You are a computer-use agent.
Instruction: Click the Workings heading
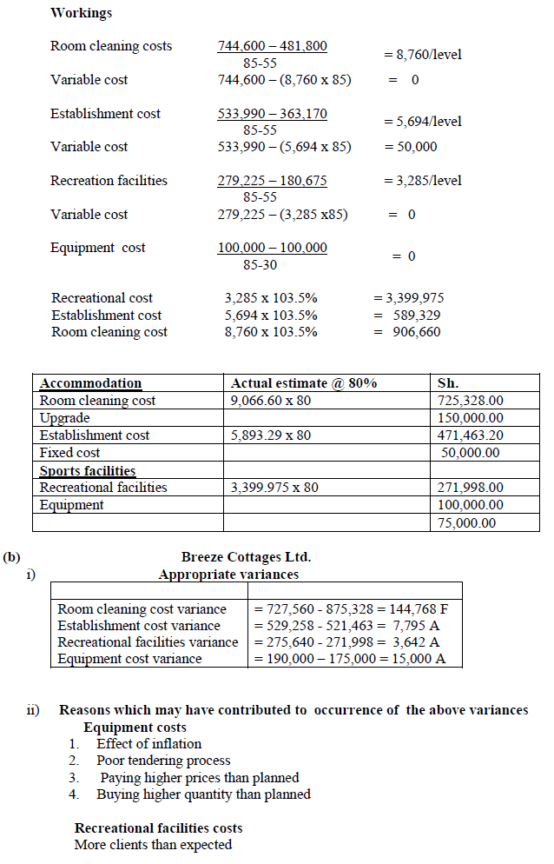pyautogui.click(x=81, y=13)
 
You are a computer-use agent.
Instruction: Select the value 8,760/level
pyautogui.click(x=423, y=54)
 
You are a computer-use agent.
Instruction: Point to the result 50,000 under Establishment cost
pyautogui.click(x=412, y=147)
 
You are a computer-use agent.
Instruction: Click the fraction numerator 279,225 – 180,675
pyautogui.click(x=272, y=181)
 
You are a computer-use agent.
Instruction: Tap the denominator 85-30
pyautogui.click(x=261, y=264)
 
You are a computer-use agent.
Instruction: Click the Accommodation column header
pyautogui.click(x=90, y=383)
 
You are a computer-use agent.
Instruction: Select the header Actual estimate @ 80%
pyautogui.click(x=303, y=383)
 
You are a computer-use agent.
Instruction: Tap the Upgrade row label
pyautogui.click(x=65, y=418)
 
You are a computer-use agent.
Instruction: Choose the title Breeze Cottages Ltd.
pyautogui.click(x=246, y=557)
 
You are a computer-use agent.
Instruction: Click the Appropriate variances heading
pyautogui.click(x=228, y=575)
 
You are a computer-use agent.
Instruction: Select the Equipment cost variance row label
pyautogui.click(x=129, y=659)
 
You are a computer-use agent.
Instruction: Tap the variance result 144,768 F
pyautogui.click(x=412, y=609)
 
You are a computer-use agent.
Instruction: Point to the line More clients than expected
pyautogui.click(x=153, y=845)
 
